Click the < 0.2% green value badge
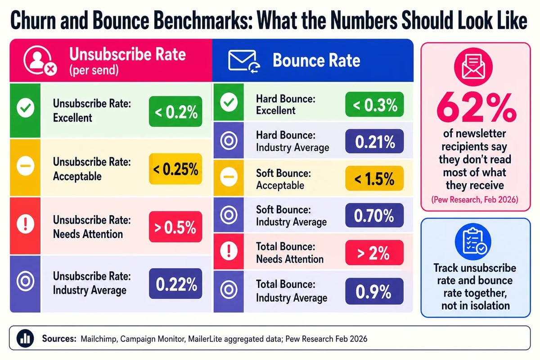(175, 112)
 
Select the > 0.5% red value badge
(175, 227)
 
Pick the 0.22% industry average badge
(175, 284)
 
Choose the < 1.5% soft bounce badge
(374, 180)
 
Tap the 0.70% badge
(374, 216)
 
